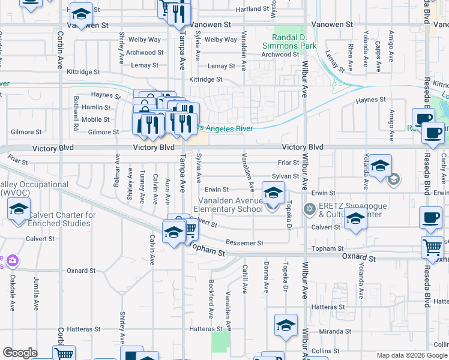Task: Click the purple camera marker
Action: [13, 260]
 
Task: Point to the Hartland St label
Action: [252, 9]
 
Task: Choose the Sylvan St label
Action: [285, 176]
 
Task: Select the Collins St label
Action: [326, 351]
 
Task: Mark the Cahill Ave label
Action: [244, 279]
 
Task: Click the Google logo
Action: [20, 353]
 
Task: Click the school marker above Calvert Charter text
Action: [19, 210]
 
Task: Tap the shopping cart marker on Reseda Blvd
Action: [432, 247]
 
